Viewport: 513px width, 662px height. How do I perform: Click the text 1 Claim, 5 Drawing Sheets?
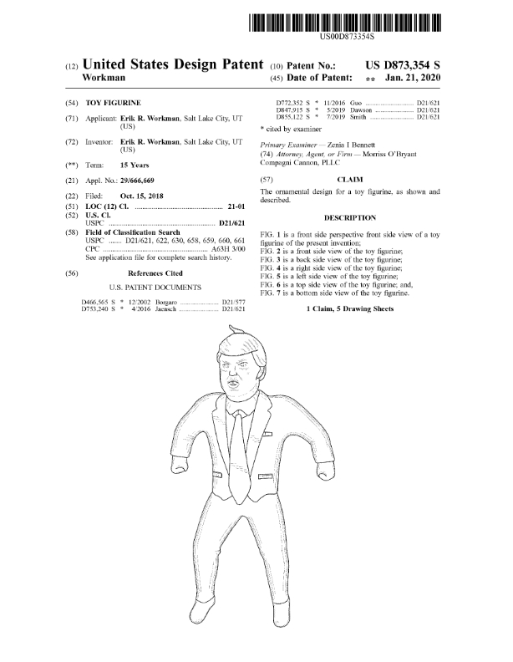(349, 309)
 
